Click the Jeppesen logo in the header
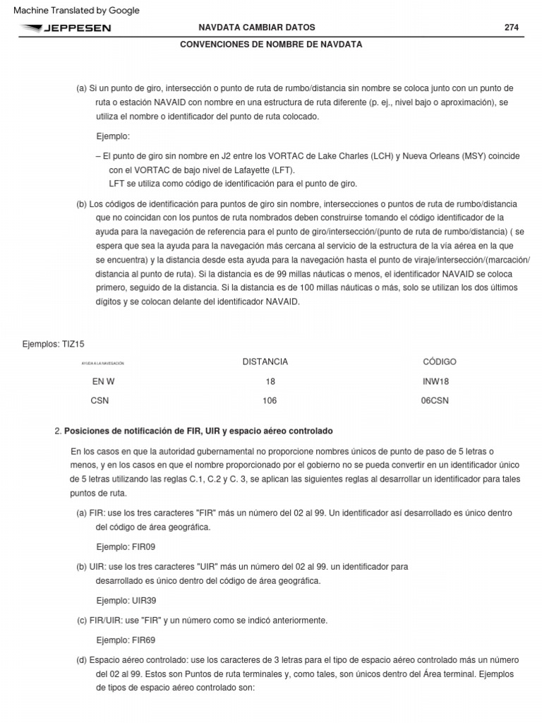pos(66,28)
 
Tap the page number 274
pos(512,28)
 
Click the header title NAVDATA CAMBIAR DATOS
pos(258,28)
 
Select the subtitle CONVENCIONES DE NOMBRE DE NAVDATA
pos(272,44)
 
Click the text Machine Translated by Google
pos(77,10)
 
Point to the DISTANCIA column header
pos(265,361)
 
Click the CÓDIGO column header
pos(440,361)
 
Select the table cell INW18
pos(435,381)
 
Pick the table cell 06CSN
pos(435,400)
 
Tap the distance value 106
pos(270,400)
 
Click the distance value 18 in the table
pos(270,381)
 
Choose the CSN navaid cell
pos(100,400)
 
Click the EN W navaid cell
pos(103,381)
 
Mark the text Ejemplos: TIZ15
pos(54,343)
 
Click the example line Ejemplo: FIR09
pos(125,546)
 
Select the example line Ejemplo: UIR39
pos(126,600)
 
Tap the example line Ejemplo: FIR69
pos(125,640)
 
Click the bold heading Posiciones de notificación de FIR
pos(198,431)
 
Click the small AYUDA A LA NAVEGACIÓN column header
pos(103,363)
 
